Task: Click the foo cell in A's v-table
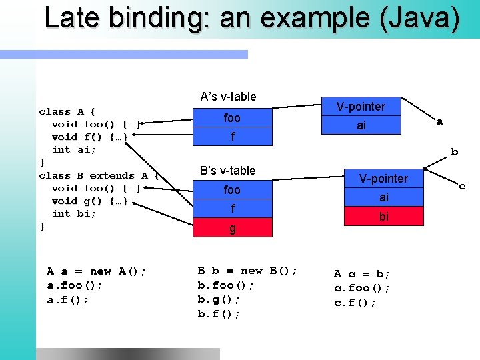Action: click(x=232, y=118)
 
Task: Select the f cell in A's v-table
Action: click(x=232, y=137)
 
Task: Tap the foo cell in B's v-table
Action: click(x=232, y=190)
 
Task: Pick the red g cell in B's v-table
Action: click(x=232, y=228)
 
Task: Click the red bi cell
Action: click(x=384, y=217)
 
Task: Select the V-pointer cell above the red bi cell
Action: click(x=384, y=179)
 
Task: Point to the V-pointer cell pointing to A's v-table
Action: click(x=361, y=107)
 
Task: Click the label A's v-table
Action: click(x=228, y=97)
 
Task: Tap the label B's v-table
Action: click(x=228, y=171)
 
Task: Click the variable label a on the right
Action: click(x=439, y=121)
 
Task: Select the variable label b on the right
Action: click(x=454, y=152)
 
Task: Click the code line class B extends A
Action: click(x=99, y=175)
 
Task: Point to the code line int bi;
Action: click(x=74, y=213)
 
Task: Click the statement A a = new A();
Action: click(x=97, y=271)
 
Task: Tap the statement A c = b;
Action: click(x=362, y=274)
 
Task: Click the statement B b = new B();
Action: click(x=247, y=271)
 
